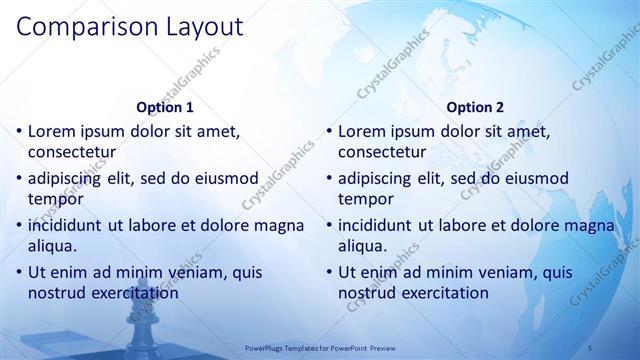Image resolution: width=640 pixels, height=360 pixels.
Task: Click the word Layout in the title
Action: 198,27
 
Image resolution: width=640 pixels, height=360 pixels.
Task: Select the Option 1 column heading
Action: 164,106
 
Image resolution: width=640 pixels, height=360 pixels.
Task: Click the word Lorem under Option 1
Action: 51,131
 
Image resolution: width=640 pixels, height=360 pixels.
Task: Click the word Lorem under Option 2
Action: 361,131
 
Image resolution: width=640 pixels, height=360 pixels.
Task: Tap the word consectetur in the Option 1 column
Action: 72,152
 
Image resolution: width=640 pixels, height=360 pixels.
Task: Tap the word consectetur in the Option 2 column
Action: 382,152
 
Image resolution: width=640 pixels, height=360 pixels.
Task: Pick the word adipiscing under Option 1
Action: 68,178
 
